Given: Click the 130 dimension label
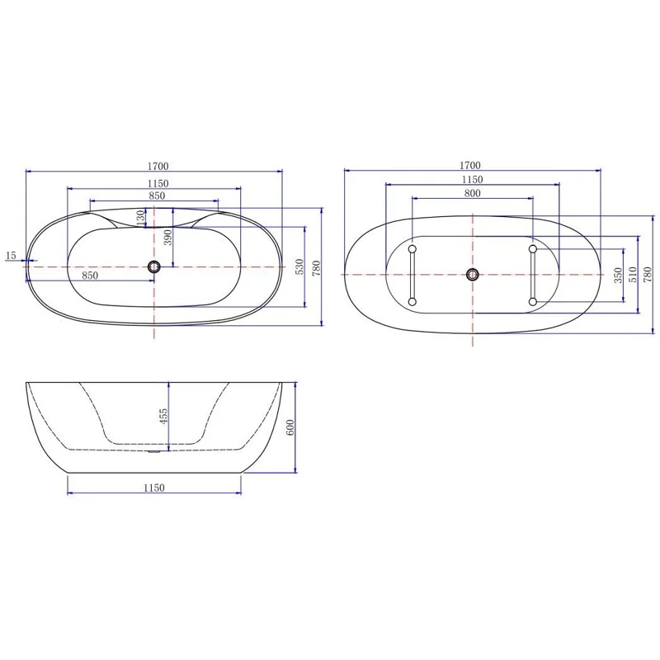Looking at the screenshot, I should (140, 218).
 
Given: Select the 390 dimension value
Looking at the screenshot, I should (167, 238).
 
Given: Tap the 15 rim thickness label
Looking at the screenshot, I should (11, 256).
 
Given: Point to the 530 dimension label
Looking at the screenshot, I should (300, 266).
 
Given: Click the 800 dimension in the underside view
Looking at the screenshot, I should (472, 193).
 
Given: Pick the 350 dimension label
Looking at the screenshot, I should (618, 274).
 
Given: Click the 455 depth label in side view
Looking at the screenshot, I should (163, 417).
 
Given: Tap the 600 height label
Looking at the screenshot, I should (290, 427).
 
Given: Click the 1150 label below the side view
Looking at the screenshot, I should (153, 488).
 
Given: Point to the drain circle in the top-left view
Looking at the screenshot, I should (153, 266).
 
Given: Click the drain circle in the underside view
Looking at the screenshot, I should (472, 275).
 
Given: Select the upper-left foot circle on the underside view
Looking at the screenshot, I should (412, 247).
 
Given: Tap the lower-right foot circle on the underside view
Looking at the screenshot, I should (533, 302).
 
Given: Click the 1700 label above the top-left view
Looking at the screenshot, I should (153, 166).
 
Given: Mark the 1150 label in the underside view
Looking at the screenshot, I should (472, 179).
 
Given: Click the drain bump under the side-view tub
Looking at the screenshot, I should (154, 451).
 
